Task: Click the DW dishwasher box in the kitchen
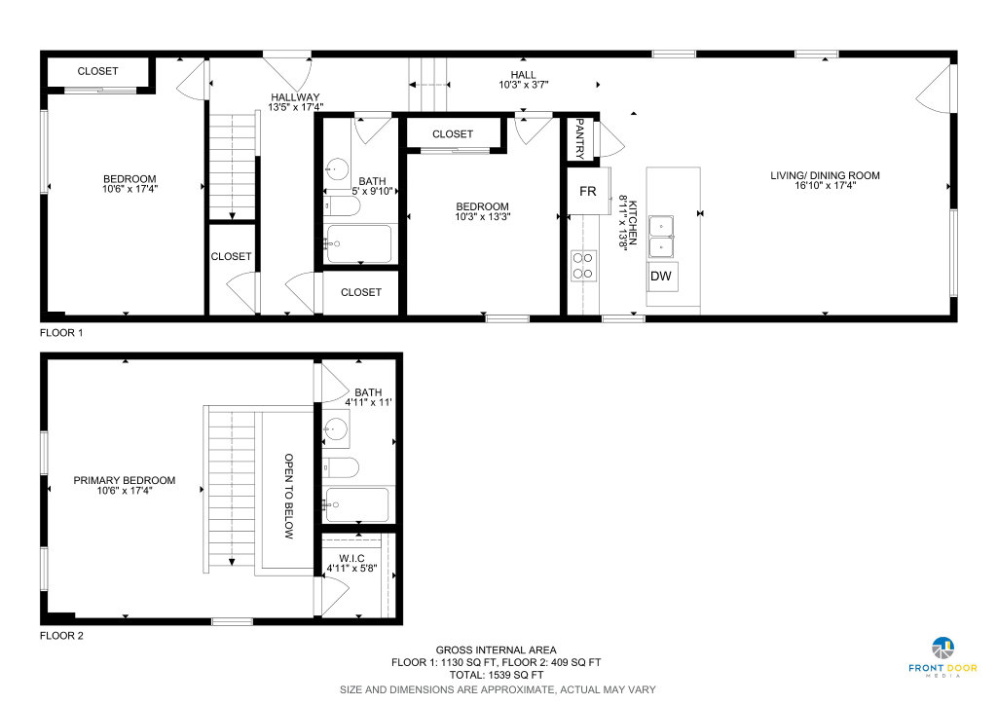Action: click(662, 277)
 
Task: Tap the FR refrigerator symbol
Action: click(588, 191)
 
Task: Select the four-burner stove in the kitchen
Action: click(583, 267)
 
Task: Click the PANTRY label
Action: click(580, 138)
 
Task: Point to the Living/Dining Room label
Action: click(825, 175)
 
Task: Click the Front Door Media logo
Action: click(942, 657)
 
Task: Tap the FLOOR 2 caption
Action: click(61, 636)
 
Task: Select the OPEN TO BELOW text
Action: click(288, 496)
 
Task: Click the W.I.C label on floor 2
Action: click(351, 558)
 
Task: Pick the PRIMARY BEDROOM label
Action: click(124, 481)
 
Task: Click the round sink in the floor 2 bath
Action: click(335, 429)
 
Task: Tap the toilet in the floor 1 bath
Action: click(342, 206)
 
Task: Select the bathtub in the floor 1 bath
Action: click(358, 244)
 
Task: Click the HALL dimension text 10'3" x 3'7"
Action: click(523, 85)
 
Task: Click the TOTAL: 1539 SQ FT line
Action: click(497, 675)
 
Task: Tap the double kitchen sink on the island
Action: click(661, 237)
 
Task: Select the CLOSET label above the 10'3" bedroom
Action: click(453, 134)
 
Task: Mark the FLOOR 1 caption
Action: click(61, 332)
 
